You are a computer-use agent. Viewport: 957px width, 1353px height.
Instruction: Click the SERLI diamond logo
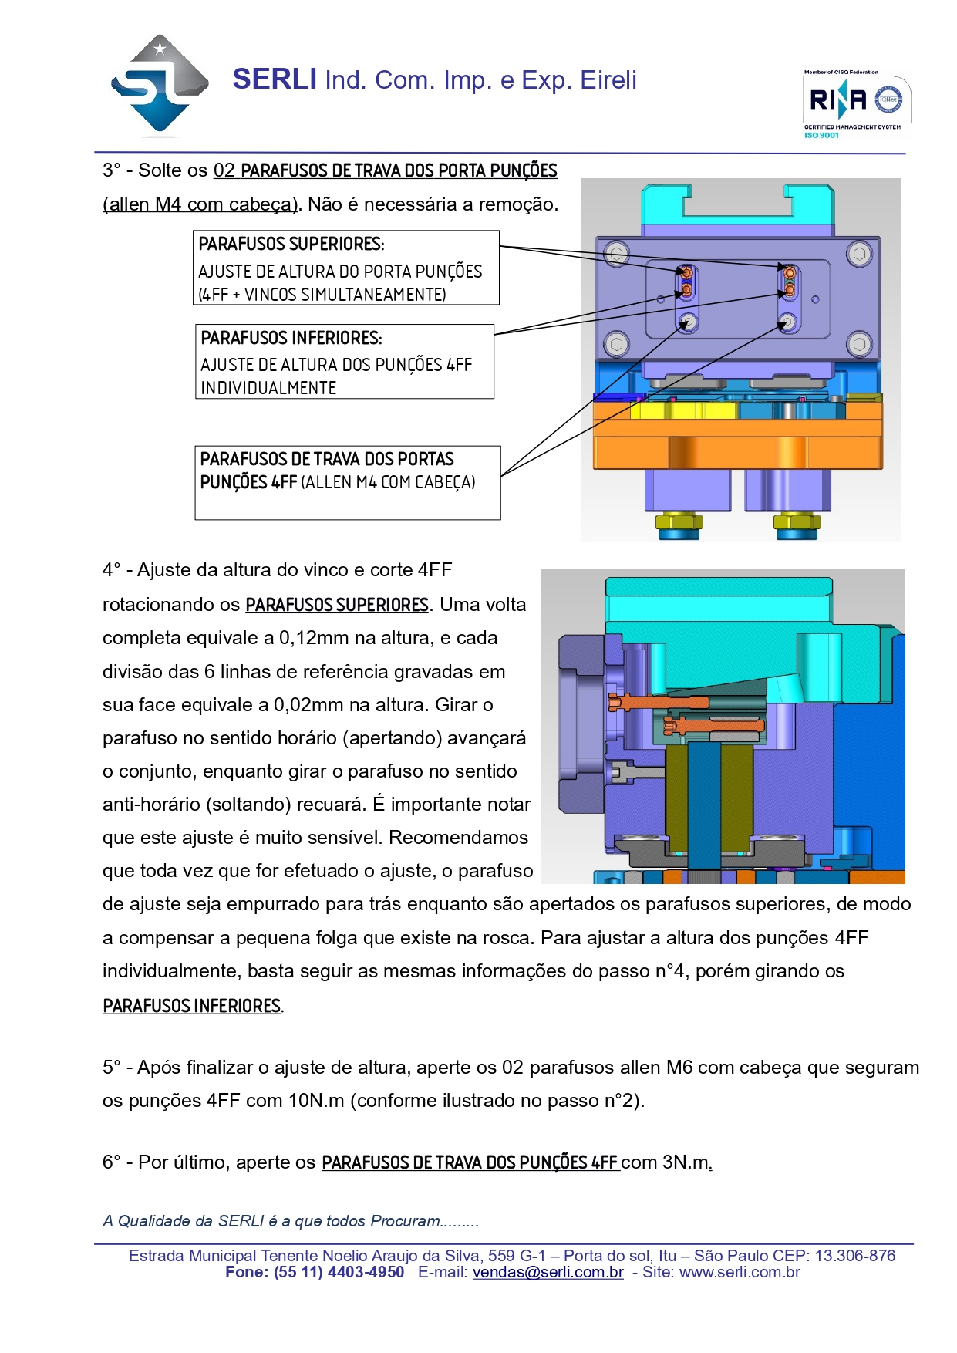coord(160,85)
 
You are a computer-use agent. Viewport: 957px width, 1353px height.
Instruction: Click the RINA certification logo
coord(857,100)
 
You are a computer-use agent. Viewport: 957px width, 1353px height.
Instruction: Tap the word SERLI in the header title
coord(275,79)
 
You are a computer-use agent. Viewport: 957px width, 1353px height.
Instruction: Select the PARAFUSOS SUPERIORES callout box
coord(345,268)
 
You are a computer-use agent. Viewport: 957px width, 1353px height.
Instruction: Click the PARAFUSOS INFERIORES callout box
coord(344,362)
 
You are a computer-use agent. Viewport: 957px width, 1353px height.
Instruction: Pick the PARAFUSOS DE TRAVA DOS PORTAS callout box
coord(347,482)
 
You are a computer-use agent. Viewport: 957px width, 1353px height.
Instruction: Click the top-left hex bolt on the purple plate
coord(615,253)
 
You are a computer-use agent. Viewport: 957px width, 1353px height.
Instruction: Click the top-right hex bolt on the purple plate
coord(859,253)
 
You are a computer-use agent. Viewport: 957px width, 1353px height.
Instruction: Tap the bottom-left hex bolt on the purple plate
coord(615,343)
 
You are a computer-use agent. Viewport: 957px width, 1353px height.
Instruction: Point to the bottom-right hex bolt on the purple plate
coord(859,343)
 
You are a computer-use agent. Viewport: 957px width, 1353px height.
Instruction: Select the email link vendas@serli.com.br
coord(548,1272)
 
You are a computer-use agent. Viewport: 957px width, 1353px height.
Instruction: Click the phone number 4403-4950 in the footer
coord(366,1272)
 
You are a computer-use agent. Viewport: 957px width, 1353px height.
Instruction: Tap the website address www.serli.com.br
coord(740,1272)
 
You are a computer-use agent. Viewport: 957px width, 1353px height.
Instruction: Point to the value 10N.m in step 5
coord(316,1101)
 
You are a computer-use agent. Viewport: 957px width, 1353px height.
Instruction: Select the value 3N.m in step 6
coord(685,1162)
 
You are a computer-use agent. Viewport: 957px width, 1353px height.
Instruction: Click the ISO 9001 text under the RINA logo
coord(821,136)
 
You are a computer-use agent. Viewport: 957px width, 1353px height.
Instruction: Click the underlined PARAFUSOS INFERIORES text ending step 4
coord(191,1006)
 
